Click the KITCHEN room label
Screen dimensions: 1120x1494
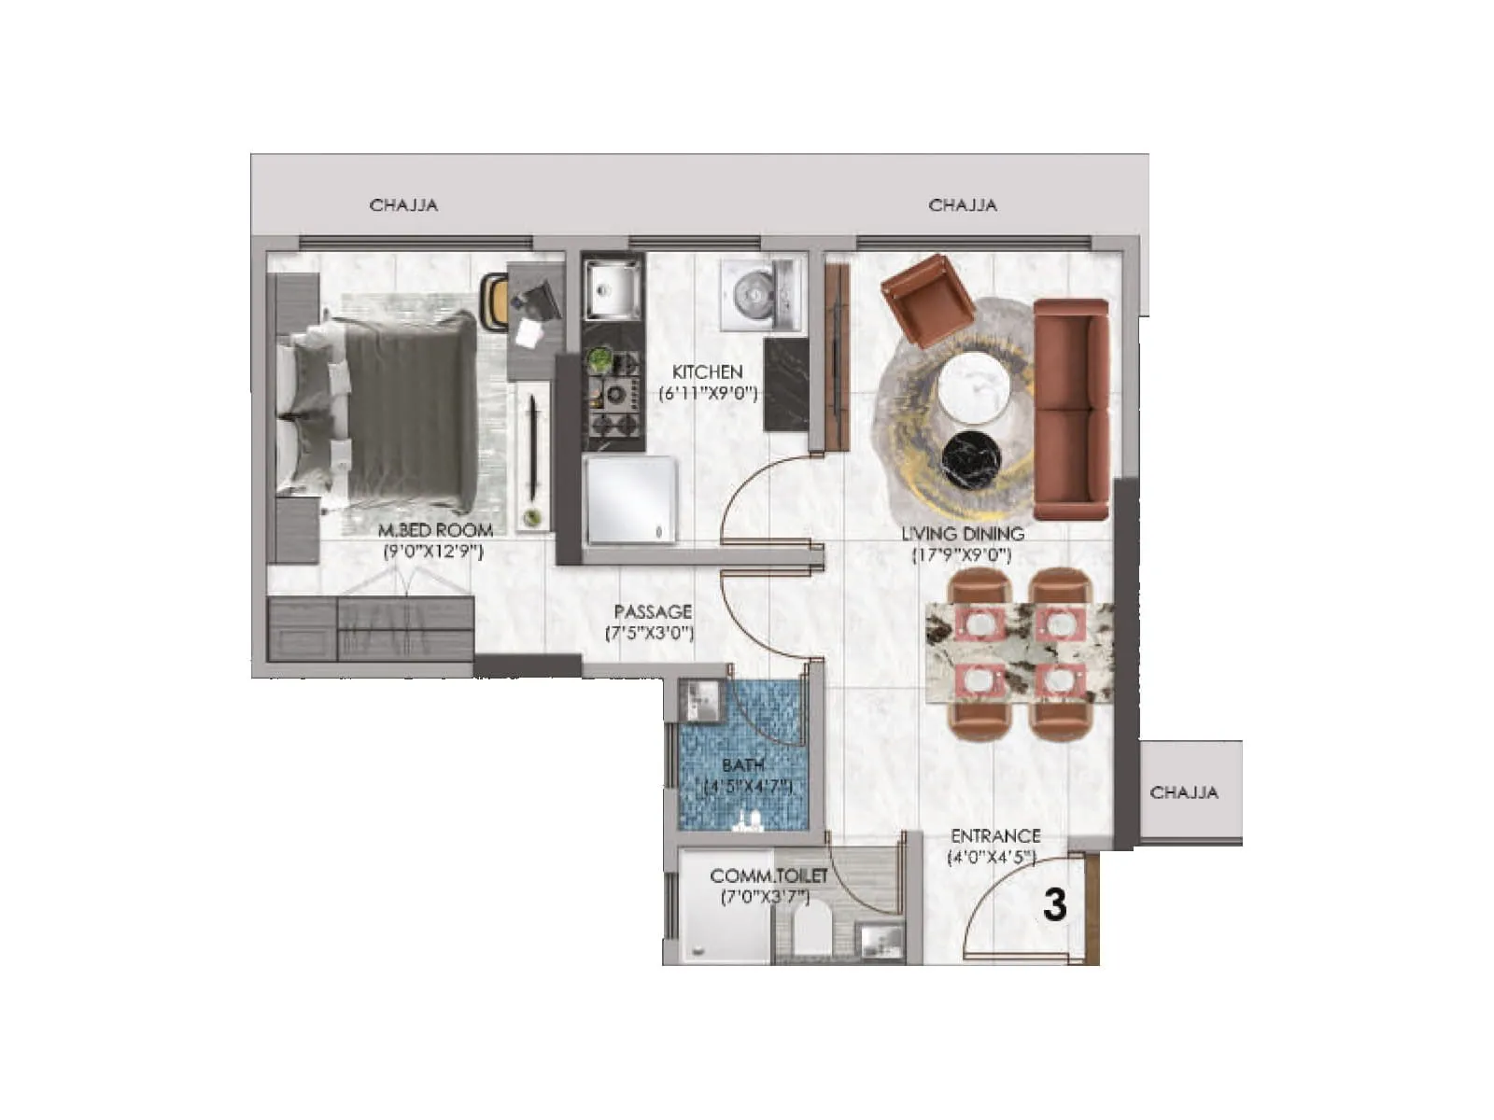(707, 371)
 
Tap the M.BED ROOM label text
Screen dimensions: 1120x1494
(435, 530)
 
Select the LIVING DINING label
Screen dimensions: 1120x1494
(962, 534)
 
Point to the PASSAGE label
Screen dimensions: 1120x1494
(653, 612)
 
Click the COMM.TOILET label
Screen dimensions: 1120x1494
(768, 876)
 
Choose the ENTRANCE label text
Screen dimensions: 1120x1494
(995, 836)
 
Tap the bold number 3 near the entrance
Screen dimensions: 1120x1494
(1054, 904)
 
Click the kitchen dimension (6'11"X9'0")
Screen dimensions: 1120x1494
(708, 394)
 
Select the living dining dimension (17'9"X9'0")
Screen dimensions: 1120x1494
(962, 556)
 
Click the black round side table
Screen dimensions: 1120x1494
(971, 460)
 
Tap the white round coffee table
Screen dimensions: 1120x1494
(976, 386)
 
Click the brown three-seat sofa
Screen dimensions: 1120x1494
(1070, 409)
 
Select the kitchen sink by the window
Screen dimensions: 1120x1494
(612, 288)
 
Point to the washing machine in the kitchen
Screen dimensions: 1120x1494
(759, 294)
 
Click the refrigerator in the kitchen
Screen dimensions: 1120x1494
(630, 499)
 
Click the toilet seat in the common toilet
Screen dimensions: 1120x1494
(810, 933)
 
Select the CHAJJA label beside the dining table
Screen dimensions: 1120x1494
(1183, 792)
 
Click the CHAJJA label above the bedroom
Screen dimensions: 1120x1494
(403, 204)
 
